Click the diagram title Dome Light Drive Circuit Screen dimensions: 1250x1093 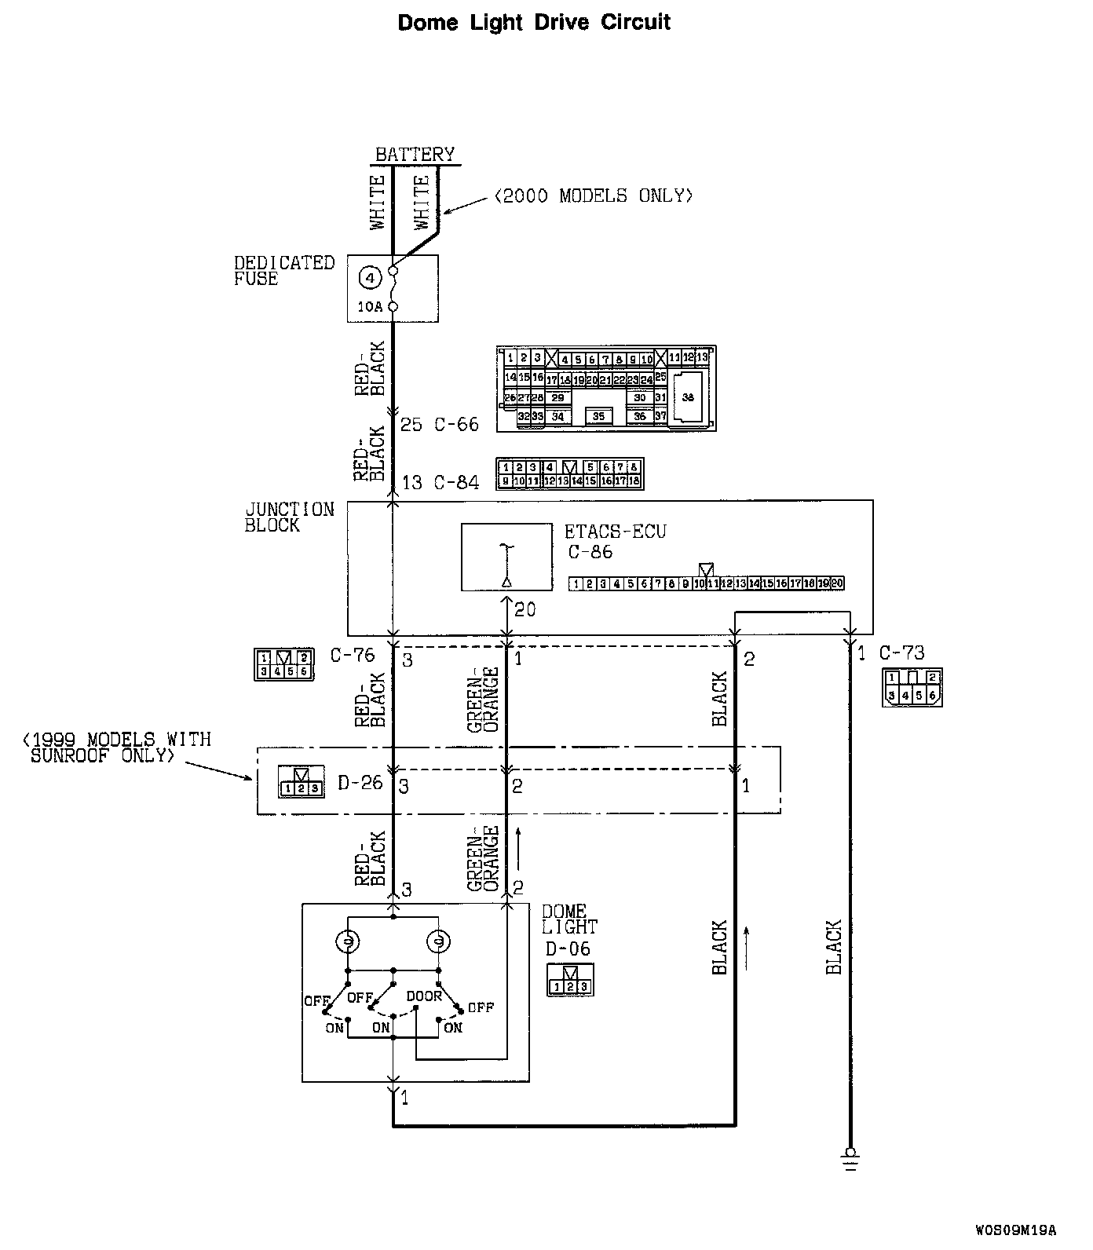point(534,22)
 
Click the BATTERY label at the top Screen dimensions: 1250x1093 point(415,154)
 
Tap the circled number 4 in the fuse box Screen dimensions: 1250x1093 point(371,277)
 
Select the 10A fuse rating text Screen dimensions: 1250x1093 point(370,307)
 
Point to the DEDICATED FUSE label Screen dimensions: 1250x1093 point(283,270)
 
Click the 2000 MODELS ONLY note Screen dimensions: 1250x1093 point(594,196)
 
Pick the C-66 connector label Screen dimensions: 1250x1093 point(456,425)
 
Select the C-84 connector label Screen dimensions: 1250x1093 point(456,482)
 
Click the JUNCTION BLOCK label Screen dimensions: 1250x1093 point(289,517)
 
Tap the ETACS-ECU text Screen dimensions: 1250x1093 point(615,532)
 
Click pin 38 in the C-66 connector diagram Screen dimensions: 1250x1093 point(688,398)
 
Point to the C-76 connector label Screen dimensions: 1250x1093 point(353,654)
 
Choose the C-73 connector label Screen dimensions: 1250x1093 point(901,652)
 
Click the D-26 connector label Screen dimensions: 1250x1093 point(360,783)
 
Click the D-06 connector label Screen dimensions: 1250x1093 point(568,949)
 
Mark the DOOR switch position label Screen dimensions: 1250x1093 point(424,996)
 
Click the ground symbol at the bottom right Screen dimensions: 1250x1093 point(850,1158)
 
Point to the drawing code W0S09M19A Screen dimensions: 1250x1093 point(1017,1230)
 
